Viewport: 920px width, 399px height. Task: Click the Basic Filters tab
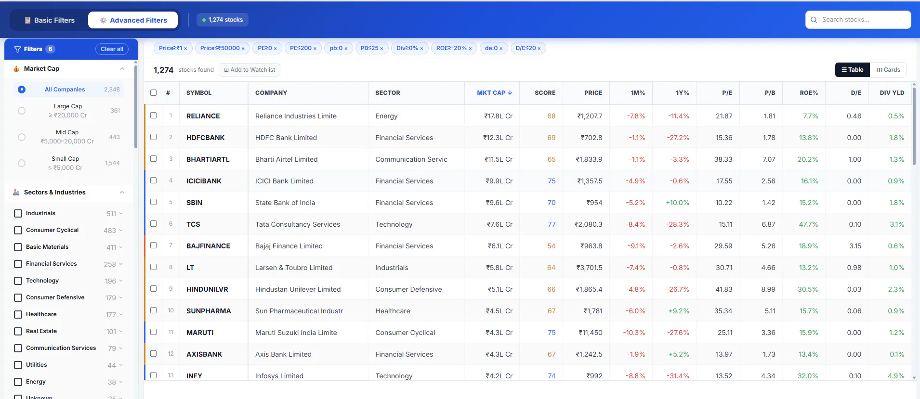(x=50, y=20)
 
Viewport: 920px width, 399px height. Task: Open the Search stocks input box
(x=858, y=20)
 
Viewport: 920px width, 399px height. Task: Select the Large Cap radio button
(x=22, y=111)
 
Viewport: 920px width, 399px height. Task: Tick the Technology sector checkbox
(x=18, y=281)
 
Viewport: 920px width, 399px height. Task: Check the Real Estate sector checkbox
(x=18, y=331)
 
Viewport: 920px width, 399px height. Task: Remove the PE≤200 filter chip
(x=315, y=48)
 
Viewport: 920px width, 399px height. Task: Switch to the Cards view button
(x=888, y=70)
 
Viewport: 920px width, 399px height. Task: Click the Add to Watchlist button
(x=250, y=70)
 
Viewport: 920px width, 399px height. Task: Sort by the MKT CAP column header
(x=494, y=93)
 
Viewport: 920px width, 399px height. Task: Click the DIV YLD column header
(x=892, y=93)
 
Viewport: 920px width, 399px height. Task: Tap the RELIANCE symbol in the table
(x=203, y=116)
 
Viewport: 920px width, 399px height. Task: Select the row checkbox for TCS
(x=153, y=224)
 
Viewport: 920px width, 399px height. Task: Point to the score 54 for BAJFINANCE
(x=551, y=246)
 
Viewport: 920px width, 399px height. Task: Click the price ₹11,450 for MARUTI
(x=590, y=333)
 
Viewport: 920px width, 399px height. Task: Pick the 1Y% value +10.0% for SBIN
(x=677, y=203)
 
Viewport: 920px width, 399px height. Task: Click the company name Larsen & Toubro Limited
(x=294, y=268)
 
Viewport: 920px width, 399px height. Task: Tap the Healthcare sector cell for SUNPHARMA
(x=393, y=311)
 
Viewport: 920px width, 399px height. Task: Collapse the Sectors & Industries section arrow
(x=122, y=193)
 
